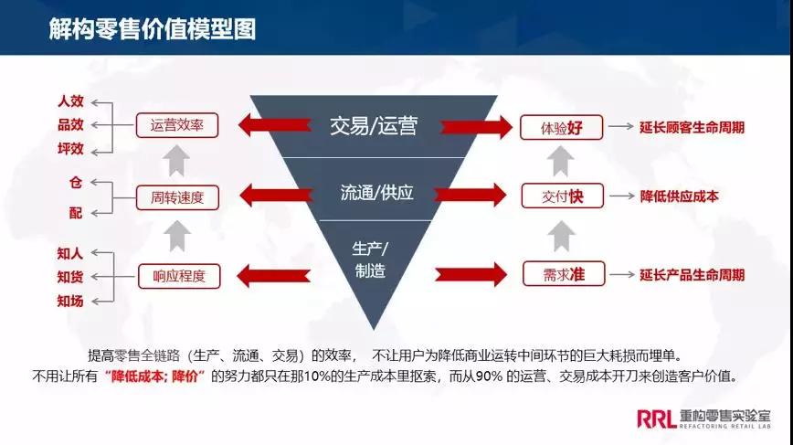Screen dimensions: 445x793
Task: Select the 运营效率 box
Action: click(x=177, y=125)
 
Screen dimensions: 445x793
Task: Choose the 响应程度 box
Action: click(x=177, y=273)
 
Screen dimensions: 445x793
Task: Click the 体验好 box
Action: click(x=562, y=127)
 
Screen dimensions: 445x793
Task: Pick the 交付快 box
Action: click(x=562, y=196)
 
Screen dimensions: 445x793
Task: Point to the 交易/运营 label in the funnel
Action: click(x=373, y=126)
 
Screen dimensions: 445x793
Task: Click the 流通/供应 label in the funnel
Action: click(x=376, y=194)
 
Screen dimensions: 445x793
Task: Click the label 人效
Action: click(x=70, y=101)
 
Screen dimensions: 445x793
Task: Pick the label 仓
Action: click(x=76, y=182)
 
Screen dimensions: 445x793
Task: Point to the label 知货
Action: click(x=70, y=276)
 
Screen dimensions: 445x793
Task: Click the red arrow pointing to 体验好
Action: click(x=472, y=127)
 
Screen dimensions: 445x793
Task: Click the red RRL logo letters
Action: click(x=657, y=418)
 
